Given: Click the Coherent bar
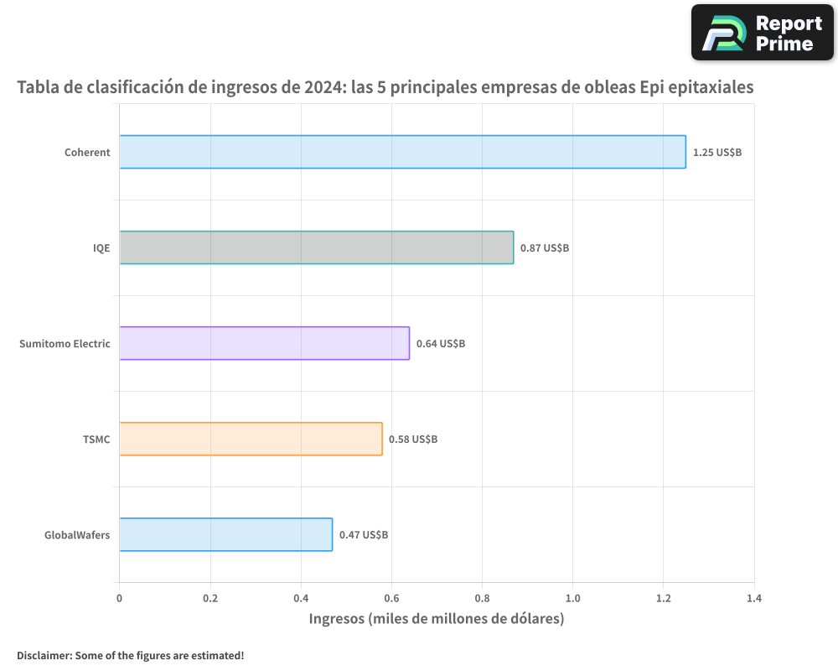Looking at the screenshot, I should coord(402,152).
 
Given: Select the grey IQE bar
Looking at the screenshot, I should coord(316,247).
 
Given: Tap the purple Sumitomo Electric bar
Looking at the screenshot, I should coord(264,343).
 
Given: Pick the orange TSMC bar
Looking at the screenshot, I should coord(251,439).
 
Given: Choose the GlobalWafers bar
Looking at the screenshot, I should coord(225,534).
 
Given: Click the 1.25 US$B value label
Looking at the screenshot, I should coord(716,153).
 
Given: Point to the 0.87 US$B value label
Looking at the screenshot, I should coord(545,248).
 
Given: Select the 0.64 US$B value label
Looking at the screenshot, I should coord(441,344).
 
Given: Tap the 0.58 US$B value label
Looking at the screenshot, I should coord(413,440).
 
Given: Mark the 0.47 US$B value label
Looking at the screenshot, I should coord(364,535).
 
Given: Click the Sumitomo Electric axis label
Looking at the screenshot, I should coord(65,344).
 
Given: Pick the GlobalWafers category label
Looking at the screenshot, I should coord(77,535).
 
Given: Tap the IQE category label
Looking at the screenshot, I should coord(101,248).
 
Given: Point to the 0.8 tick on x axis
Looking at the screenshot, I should coord(482,599).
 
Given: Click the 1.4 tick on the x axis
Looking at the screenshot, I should coord(753,599).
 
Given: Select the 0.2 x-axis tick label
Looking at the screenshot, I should coord(210,599).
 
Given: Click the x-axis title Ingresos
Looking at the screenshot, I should coord(436,620).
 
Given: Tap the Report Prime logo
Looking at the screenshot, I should coord(763,32).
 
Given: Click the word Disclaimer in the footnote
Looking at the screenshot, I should coord(44,655).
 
